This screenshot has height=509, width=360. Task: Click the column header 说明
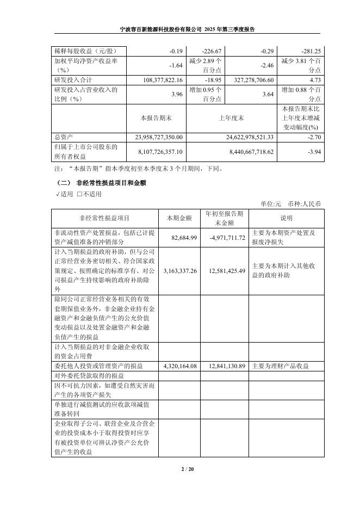tap(286, 218)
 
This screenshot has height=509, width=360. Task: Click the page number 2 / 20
tap(179, 469)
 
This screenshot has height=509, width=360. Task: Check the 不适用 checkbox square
tap(79, 194)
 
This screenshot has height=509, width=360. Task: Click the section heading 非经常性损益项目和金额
tap(112, 183)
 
